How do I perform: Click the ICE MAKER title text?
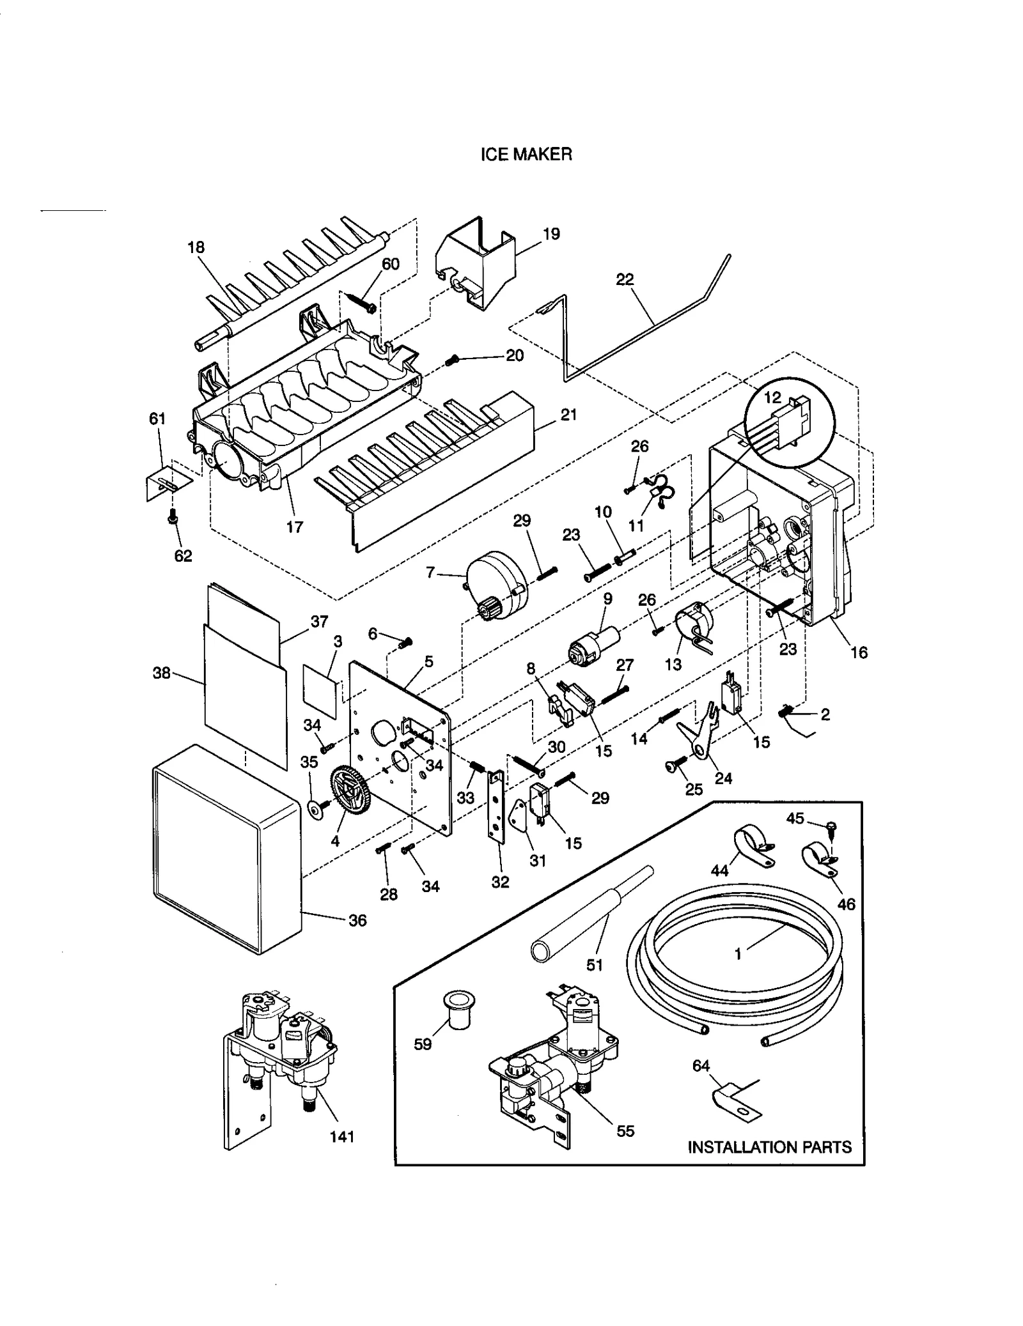click(x=526, y=154)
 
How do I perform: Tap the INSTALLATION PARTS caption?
click(x=769, y=1146)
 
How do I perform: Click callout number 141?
click(x=341, y=1136)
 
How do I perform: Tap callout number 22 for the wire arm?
click(x=625, y=279)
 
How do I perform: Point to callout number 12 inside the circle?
click(x=772, y=397)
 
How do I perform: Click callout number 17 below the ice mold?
click(x=294, y=527)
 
